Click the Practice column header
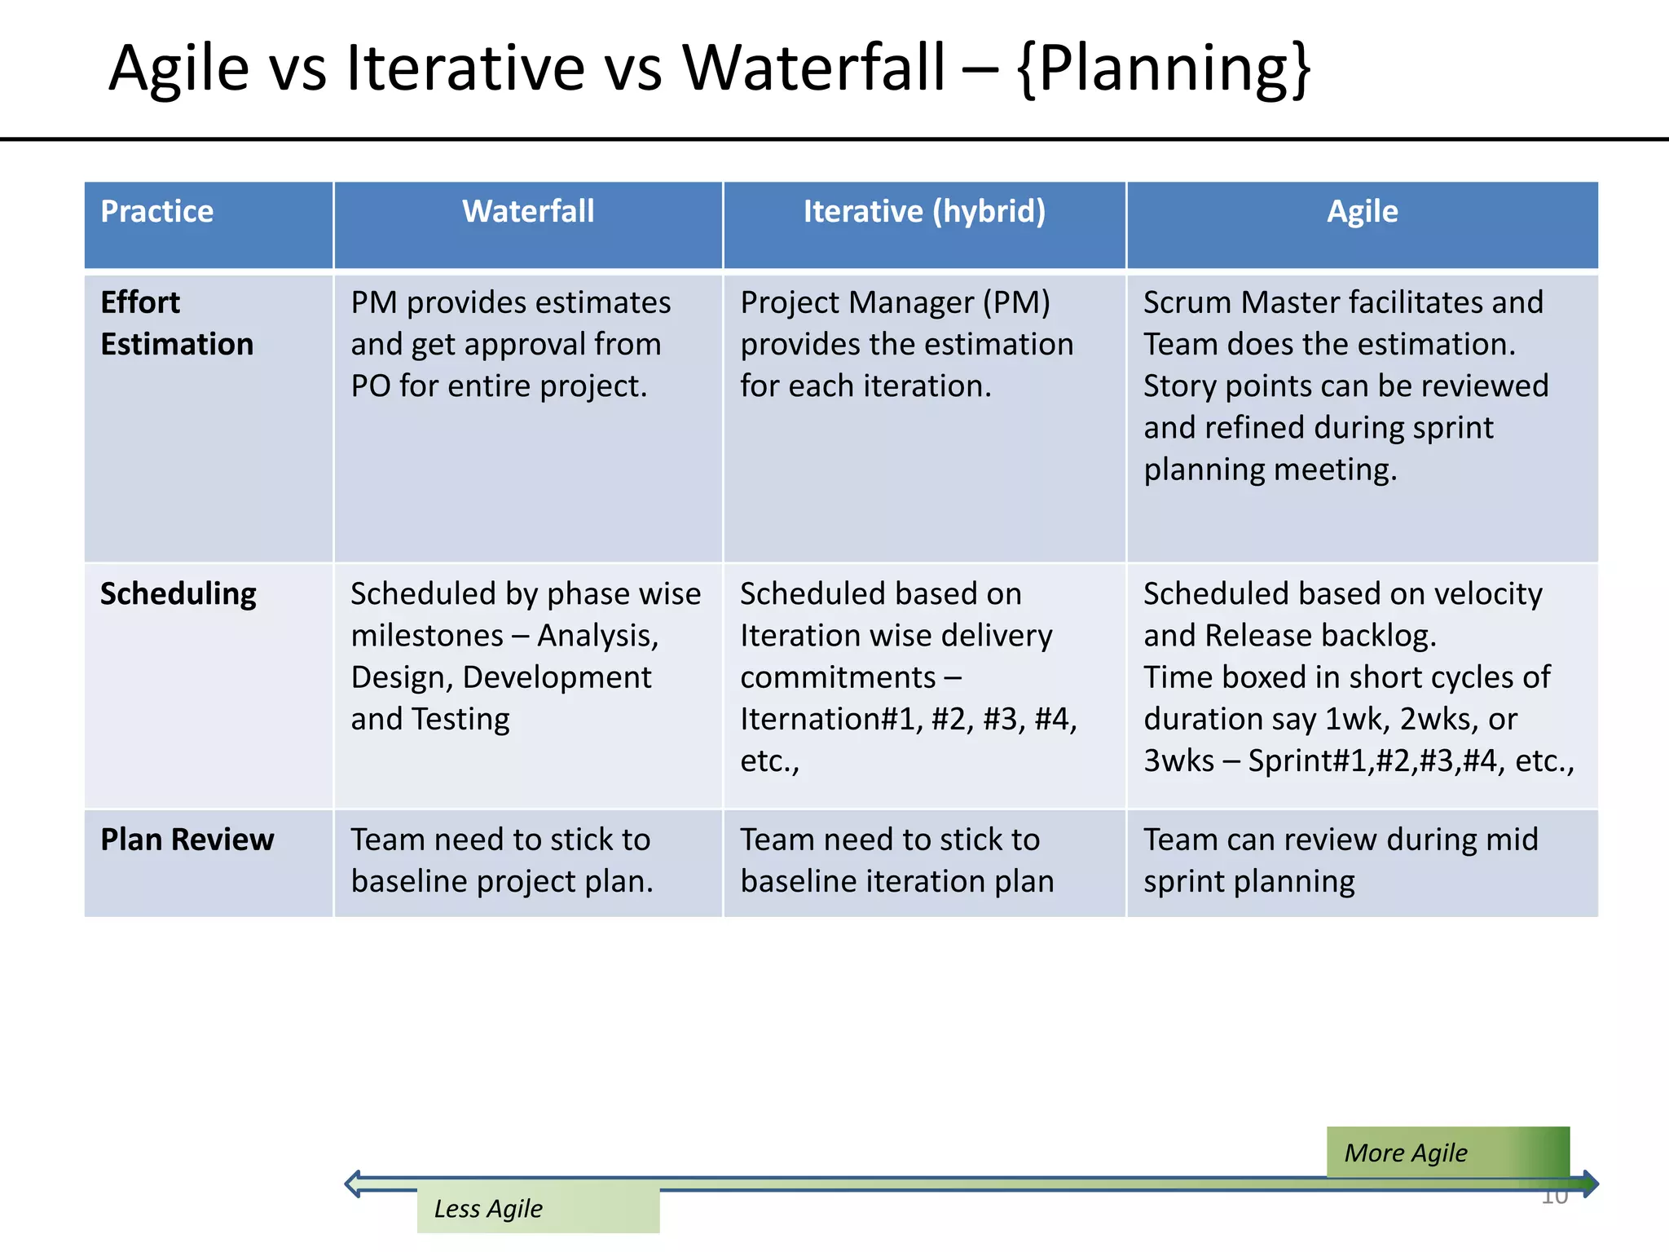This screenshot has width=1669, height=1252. click(157, 212)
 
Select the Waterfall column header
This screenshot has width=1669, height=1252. click(528, 212)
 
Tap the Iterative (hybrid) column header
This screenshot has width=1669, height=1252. click(924, 212)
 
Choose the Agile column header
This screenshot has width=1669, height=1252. click(1362, 212)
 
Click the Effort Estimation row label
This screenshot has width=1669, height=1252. click(177, 324)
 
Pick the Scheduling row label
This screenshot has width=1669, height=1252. click(178, 594)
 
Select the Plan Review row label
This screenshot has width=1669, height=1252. click(187, 840)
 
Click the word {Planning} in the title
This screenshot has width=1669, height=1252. click(1164, 68)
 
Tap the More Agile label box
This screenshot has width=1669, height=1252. click(1447, 1153)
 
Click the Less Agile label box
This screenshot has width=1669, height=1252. click(538, 1210)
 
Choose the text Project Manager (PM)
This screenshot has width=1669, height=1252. click(895, 303)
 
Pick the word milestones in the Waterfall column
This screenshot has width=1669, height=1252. click(426, 636)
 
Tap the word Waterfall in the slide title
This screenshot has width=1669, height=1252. click(813, 68)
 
